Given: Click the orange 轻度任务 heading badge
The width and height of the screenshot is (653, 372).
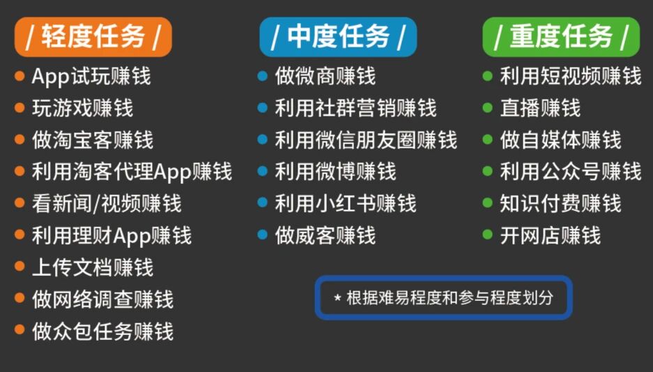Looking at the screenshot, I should [x=92, y=37].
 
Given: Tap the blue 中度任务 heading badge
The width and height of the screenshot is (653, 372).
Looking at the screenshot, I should [x=338, y=37].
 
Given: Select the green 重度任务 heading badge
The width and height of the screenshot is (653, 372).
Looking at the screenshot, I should [x=561, y=37].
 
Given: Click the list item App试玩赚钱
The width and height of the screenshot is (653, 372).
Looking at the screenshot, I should [x=91, y=76].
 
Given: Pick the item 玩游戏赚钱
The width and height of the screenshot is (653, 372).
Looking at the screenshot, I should [x=82, y=108].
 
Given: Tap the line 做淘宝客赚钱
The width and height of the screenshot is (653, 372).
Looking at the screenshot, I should [x=92, y=140].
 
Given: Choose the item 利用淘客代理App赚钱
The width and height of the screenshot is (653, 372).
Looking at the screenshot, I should [x=132, y=171].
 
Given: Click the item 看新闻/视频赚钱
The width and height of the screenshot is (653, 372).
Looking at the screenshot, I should [x=107, y=203].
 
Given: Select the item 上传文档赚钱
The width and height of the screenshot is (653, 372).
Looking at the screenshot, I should [x=92, y=268].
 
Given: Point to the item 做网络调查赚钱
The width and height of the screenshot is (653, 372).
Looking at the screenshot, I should [x=102, y=300].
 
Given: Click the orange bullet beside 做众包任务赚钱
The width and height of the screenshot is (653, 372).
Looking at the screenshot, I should [x=20, y=332].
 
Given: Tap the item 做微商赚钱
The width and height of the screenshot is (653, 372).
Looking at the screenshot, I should [x=325, y=76].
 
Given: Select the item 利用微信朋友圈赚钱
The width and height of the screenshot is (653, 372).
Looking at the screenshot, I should [x=366, y=140].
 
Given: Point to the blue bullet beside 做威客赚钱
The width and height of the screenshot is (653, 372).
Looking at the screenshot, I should [x=262, y=235].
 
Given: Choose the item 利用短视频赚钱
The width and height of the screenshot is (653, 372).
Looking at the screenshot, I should [x=570, y=76].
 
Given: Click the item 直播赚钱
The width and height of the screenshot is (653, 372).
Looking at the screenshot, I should [x=540, y=108].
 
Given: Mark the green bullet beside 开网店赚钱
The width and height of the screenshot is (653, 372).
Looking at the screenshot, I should [x=487, y=235].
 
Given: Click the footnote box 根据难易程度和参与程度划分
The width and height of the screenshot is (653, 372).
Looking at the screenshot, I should [x=443, y=297].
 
